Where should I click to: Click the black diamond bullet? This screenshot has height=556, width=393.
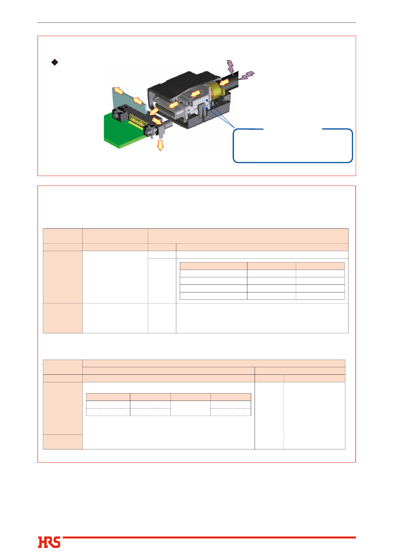pyautogui.click(x=55, y=62)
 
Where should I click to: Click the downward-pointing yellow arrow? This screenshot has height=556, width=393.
pyautogui.click(x=160, y=145)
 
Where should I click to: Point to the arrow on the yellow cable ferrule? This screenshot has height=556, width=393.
pyautogui.click(x=224, y=83)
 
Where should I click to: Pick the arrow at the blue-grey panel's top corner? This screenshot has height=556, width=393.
pyautogui.click(x=118, y=91)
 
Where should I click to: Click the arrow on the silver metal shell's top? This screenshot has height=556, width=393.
pyautogui.click(x=195, y=94)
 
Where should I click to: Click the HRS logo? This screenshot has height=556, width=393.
pyautogui.click(x=49, y=542)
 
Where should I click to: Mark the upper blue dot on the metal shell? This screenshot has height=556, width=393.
pyautogui.click(x=206, y=101)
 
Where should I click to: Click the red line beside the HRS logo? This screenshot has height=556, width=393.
pyautogui.click(x=209, y=537)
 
